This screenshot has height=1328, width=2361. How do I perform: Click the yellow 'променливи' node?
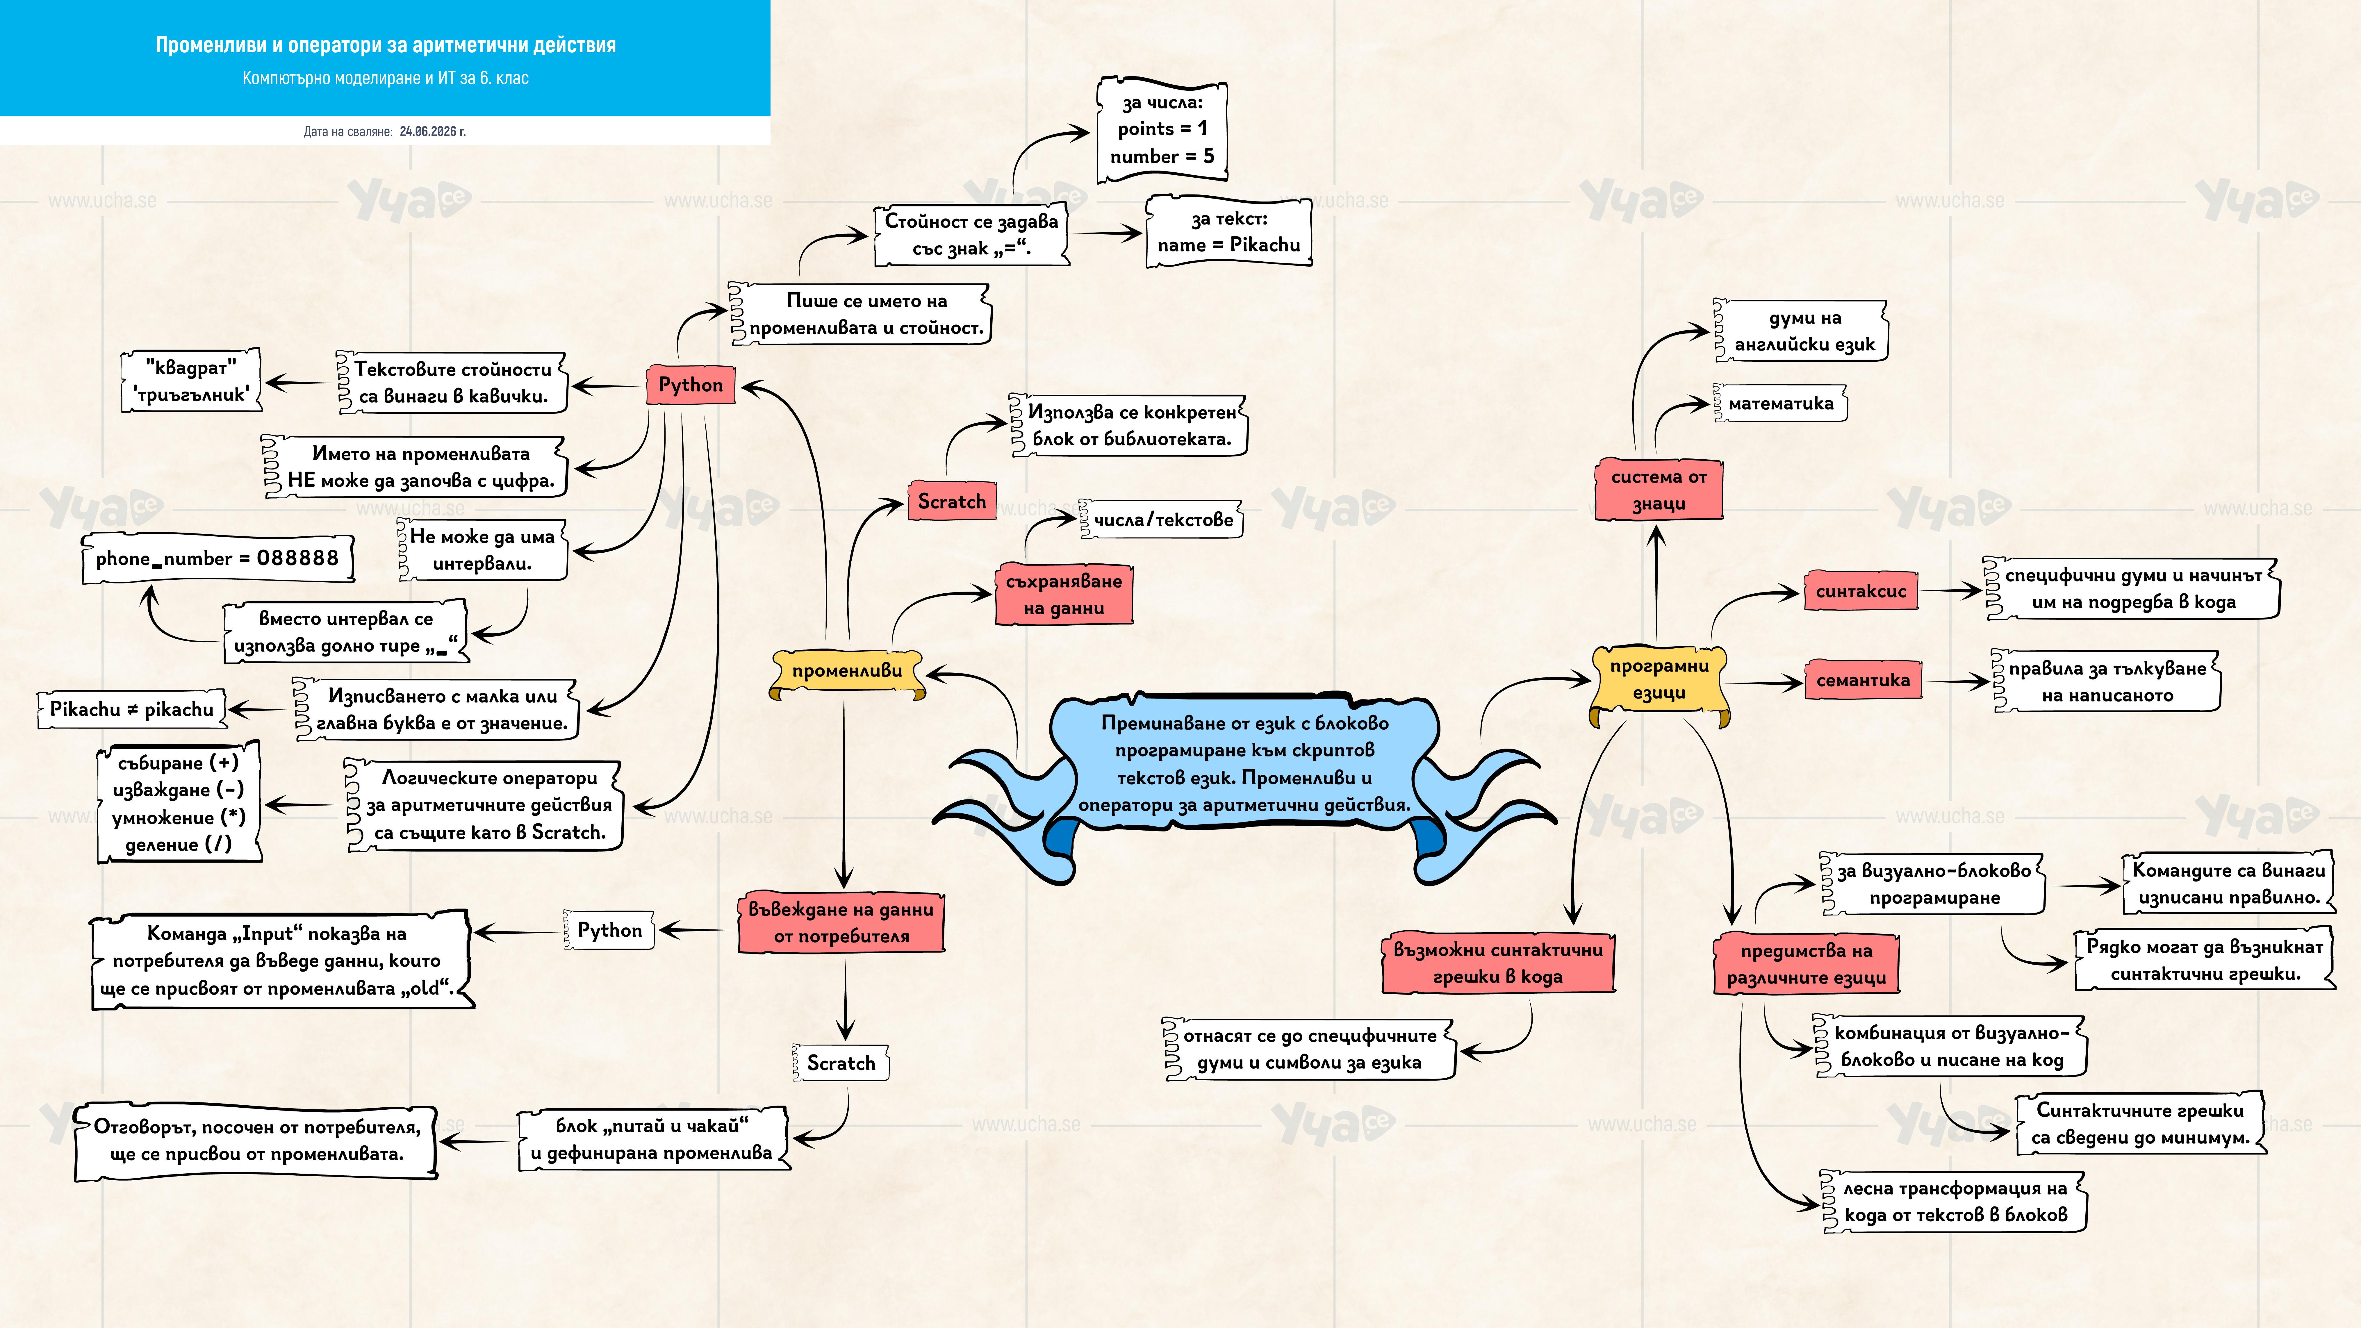[x=847, y=672]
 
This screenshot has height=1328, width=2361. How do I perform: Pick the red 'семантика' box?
[x=1862, y=680]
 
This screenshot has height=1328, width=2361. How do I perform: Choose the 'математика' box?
[x=1780, y=403]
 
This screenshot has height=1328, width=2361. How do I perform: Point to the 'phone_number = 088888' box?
[x=217, y=558]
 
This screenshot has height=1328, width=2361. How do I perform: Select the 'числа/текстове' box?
[x=1161, y=520]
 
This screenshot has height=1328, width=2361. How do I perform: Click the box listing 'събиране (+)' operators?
[x=179, y=803]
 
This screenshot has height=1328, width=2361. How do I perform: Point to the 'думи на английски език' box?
[x=1801, y=331]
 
